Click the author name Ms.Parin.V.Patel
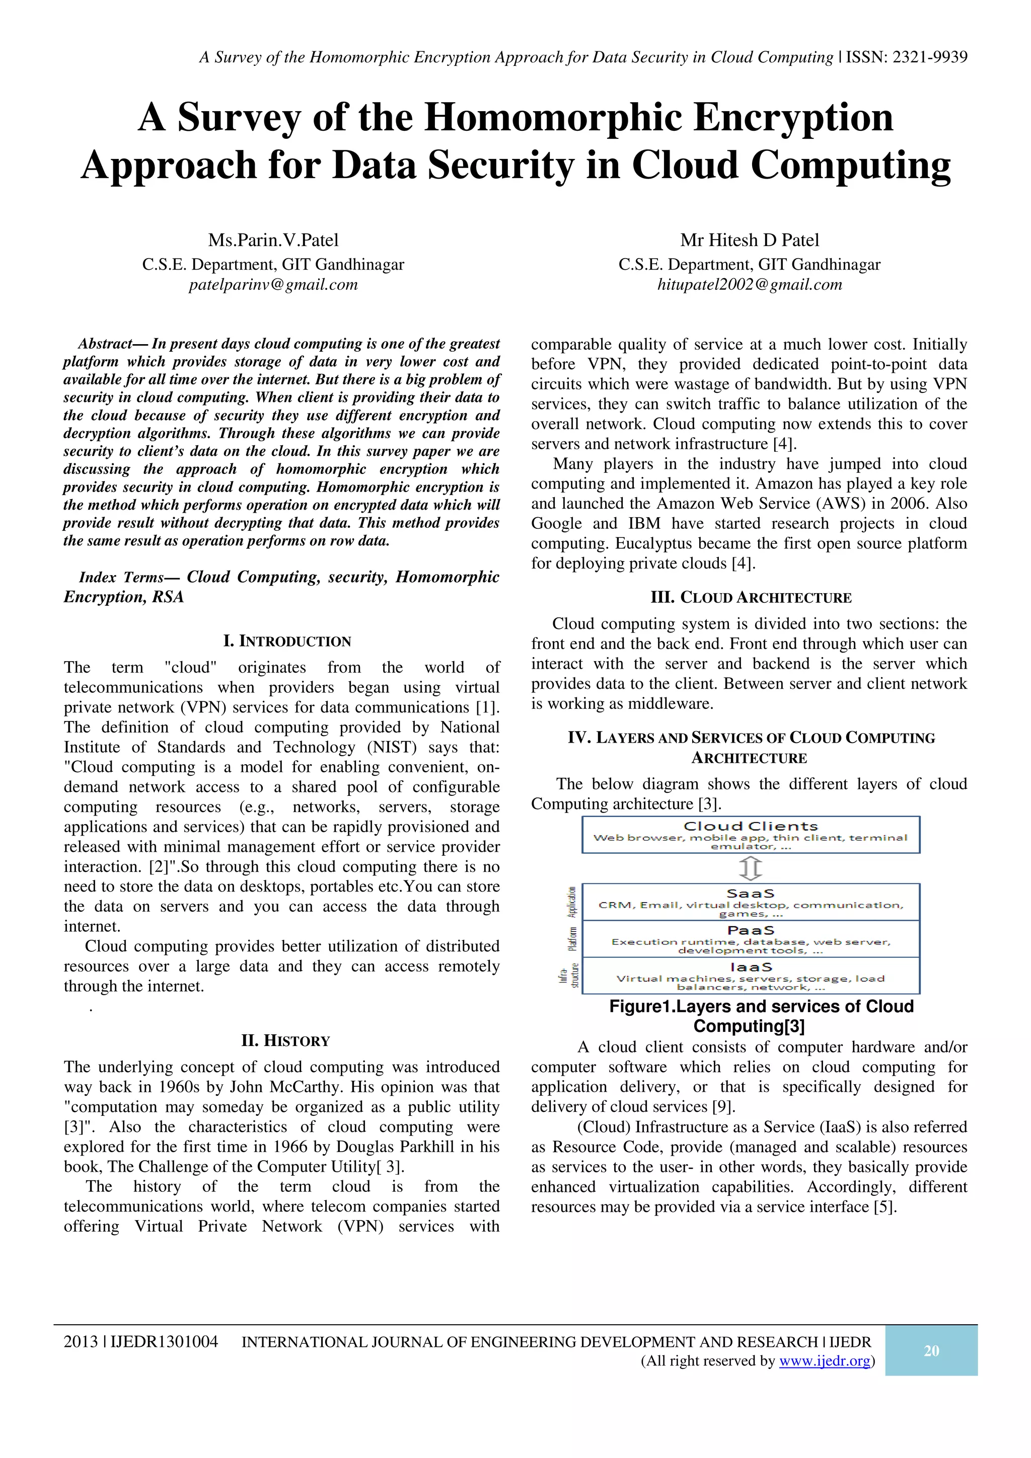click(273, 240)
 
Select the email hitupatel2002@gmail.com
click(750, 284)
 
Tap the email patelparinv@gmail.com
click(273, 284)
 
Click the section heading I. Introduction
click(287, 641)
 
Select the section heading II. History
click(286, 1041)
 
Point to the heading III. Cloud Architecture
click(751, 598)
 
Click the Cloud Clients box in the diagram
click(751, 835)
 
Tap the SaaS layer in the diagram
click(751, 902)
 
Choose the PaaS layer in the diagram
click(751, 939)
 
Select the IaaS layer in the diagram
click(751, 976)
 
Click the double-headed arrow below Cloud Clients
click(751, 868)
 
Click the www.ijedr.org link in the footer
click(824, 1361)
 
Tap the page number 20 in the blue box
click(931, 1351)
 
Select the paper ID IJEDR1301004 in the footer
click(164, 1342)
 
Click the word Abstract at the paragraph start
click(104, 344)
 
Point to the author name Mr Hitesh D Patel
click(750, 240)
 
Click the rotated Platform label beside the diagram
click(572, 939)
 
